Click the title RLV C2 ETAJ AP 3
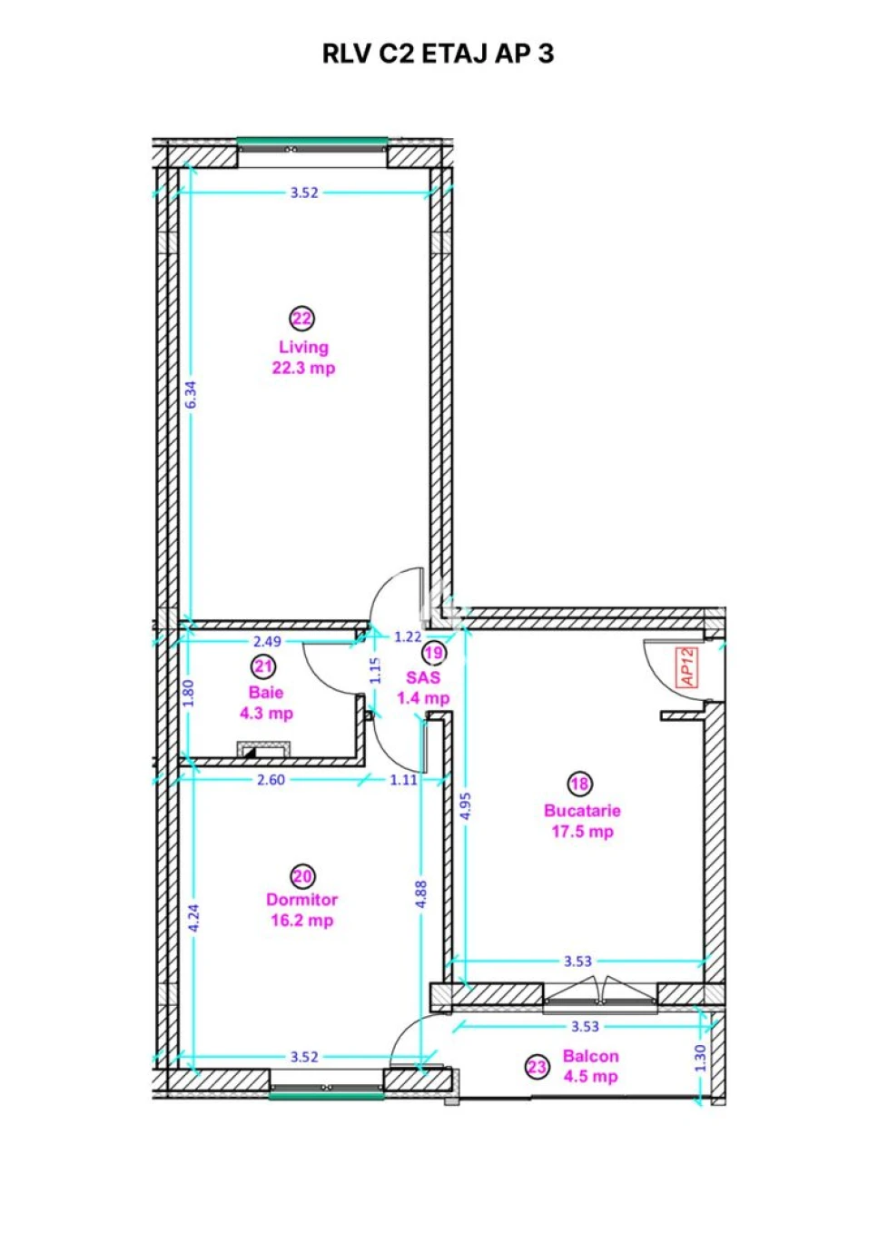coord(438,54)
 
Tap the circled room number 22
coord(302,319)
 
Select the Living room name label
coord(303,348)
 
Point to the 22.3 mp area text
coord(303,368)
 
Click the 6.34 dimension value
coord(191,395)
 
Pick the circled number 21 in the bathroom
coord(263,666)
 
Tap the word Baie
coord(266,693)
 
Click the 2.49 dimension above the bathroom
coord(268,642)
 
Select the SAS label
coord(423,677)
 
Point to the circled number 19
coord(435,653)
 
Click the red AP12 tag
coord(687,667)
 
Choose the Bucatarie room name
coord(582,811)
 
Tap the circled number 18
coord(580,784)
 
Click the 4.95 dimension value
coord(466,805)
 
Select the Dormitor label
coord(302,900)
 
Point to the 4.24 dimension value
coord(193,919)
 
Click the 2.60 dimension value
coord(271,780)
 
